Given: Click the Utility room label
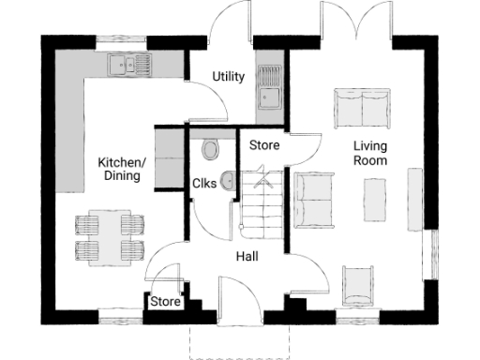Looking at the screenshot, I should [x=229, y=76].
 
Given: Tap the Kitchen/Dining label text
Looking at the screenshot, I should [x=122, y=169].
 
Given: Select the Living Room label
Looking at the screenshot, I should [x=370, y=153].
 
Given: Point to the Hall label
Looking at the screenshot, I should [x=247, y=256].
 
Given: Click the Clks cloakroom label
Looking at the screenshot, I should [x=204, y=184].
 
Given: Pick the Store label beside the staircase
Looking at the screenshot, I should [x=263, y=145].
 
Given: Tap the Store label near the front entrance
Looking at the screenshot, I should [x=165, y=302].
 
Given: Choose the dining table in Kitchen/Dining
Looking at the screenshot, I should [x=109, y=236].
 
